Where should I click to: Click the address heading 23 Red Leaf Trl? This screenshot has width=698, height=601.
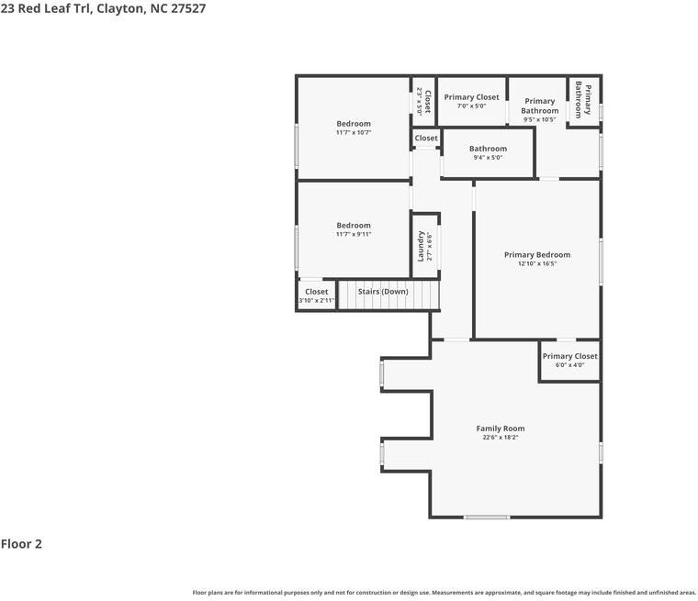point(45,8)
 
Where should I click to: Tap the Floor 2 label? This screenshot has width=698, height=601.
point(21,543)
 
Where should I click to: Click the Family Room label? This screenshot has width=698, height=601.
point(501,428)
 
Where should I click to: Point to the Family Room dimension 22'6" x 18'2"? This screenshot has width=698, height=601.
point(501,438)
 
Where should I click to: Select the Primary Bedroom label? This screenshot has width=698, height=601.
point(537,254)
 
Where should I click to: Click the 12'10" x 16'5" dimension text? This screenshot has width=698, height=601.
point(537,263)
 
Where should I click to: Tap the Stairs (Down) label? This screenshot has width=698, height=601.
point(383,292)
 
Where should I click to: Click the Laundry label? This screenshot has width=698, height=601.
point(421,246)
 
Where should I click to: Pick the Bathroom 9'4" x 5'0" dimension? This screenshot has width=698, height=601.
point(488,158)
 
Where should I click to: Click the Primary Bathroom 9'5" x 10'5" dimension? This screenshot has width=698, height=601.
point(539,119)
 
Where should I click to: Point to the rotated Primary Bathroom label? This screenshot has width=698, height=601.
point(583,100)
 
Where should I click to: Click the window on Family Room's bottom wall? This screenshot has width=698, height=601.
point(487,517)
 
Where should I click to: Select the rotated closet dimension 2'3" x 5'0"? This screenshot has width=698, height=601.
point(419,101)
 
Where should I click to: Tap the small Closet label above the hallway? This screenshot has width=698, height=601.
point(426,138)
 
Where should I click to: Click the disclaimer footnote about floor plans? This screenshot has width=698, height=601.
point(445,593)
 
